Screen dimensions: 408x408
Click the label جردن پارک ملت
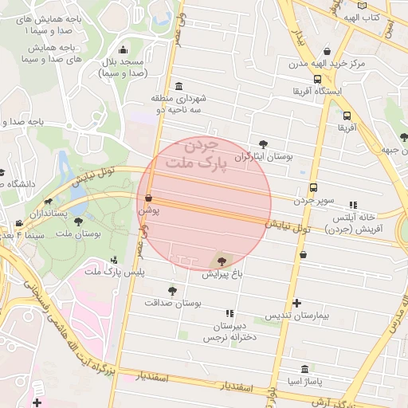[x=190, y=155]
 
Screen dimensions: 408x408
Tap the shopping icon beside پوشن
[x=148, y=197]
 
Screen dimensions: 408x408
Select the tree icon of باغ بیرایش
[x=221, y=261]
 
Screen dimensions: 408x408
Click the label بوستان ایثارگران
[x=264, y=157]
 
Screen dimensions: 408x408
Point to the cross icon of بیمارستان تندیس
[x=296, y=303]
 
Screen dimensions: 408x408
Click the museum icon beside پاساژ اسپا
[x=306, y=369]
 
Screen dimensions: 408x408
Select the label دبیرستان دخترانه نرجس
[x=231, y=332]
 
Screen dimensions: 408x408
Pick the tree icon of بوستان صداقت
[x=172, y=291]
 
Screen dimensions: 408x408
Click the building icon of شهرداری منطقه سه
[x=178, y=86]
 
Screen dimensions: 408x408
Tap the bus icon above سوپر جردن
[x=313, y=188]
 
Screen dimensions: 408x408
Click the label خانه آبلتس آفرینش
[x=354, y=222]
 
